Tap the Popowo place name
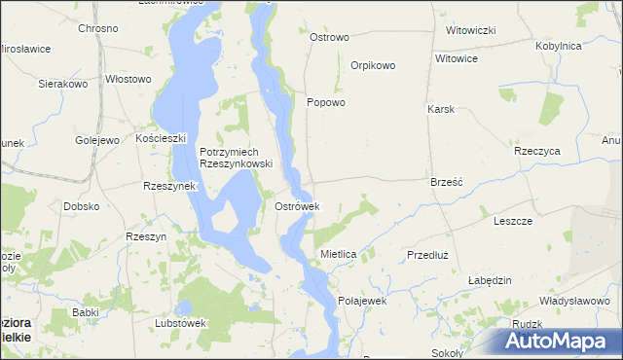click(326, 102)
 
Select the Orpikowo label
click(373, 66)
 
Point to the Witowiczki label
click(471, 30)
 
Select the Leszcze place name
click(513, 221)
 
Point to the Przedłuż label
click(426, 254)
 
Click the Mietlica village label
click(339, 254)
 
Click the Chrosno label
click(98, 28)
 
